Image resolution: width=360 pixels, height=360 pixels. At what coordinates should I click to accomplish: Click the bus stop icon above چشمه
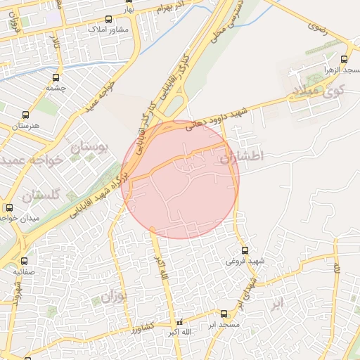click(56, 77)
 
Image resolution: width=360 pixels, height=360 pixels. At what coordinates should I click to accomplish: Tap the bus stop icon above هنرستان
click(26, 115)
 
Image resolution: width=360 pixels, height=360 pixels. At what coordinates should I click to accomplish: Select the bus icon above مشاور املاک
click(108, 20)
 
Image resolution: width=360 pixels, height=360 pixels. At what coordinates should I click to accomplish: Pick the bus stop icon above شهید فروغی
click(245, 250)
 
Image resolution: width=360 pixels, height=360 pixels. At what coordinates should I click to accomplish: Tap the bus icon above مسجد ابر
click(224, 314)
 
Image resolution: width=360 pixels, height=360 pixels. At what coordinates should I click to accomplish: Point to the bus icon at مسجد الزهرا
click(344, 60)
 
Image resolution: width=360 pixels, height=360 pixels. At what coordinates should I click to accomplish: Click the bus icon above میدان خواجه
click(9, 207)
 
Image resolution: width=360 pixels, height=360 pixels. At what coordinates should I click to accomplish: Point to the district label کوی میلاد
click(318, 91)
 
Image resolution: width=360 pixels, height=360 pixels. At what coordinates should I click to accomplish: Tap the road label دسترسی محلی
click(236, 22)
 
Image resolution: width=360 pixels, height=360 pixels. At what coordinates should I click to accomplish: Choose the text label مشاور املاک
click(108, 31)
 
